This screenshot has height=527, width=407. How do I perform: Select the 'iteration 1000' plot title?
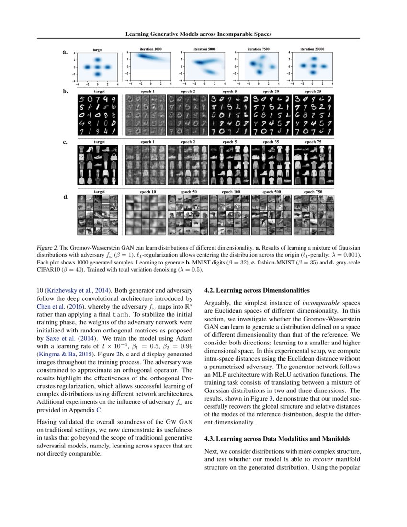pos(151,49)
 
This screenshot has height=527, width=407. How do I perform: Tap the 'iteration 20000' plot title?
pos(312,49)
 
